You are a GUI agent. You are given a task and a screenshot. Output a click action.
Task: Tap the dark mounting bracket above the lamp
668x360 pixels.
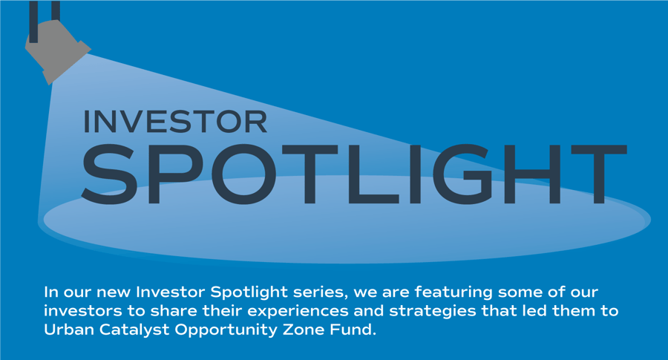[45, 22]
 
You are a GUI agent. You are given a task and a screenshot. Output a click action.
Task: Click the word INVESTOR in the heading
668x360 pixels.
[175, 122]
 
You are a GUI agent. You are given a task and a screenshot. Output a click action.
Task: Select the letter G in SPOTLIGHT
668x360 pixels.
[462, 174]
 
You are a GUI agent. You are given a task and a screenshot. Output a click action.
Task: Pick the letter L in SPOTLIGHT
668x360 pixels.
[373, 174]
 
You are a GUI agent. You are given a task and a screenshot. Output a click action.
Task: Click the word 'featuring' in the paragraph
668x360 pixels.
[453, 292]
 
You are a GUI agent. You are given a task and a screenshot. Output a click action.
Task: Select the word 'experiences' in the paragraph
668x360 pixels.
[298, 312]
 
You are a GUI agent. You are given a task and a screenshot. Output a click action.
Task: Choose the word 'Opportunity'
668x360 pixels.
[226, 330]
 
